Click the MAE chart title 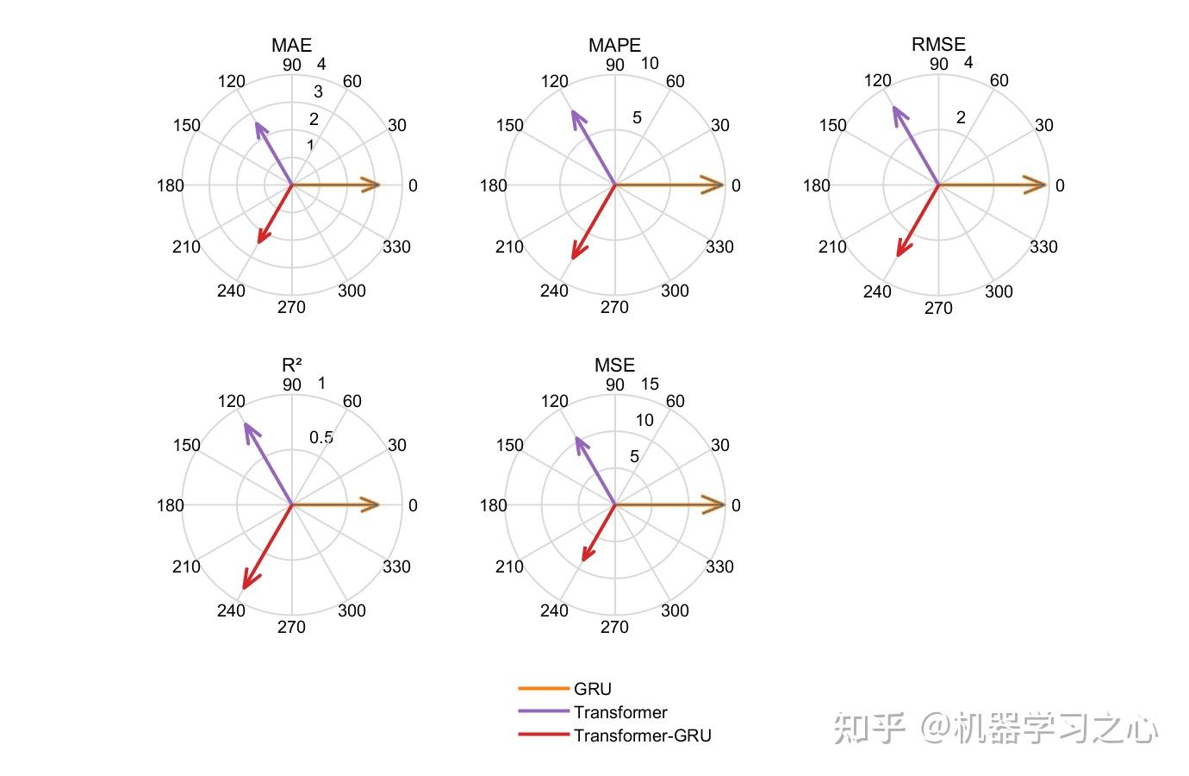(x=291, y=45)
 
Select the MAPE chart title (x=614, y=45)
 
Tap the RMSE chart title (x=938, y=44)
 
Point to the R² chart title (x=291, y=365)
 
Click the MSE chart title (x=614, y=365)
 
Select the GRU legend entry (x=593, y=689)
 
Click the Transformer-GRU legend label (x=643, y=735)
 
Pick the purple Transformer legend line (x=543, y=711)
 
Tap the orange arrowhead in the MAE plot (x=370, y=185)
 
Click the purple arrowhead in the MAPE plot (x=576, y=117)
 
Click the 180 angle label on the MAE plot (x=171, y=185)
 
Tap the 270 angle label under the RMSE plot (x=938, y=308)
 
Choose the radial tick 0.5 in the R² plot (x=321, y=437)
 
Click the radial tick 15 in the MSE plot (x=650, y=384)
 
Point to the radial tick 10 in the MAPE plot (x=650, y=63)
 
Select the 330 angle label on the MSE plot (x=719, y=566)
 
